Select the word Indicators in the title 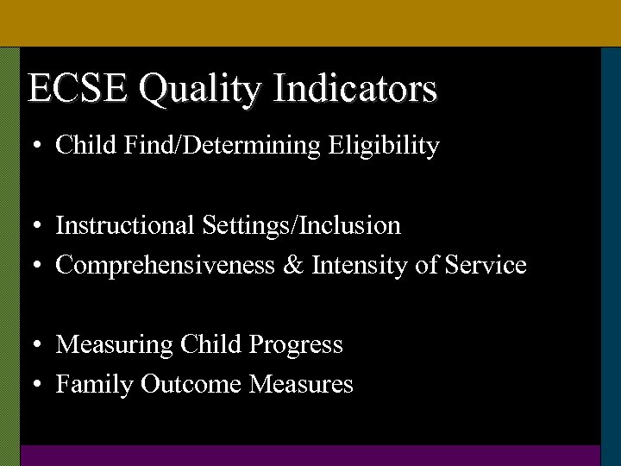(x=354, y=89)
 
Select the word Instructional (x=125, y=226)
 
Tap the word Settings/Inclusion (x=302, y=226)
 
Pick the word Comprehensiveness (x=164, y=266)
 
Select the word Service (x=486, y=265)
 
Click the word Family (x=94, y=385)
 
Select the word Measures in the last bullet (x=301, y=384)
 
